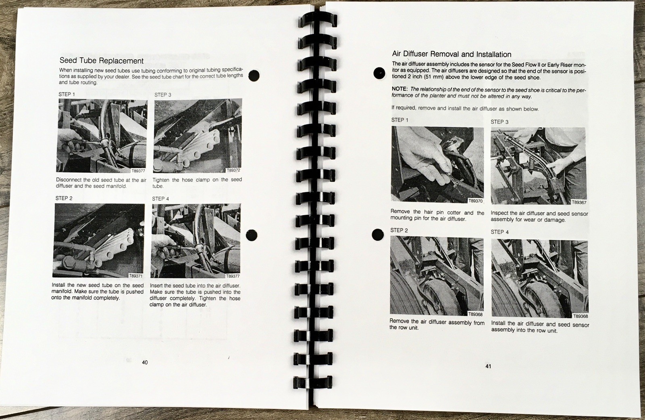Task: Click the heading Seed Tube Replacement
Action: pyautogui.click(x=101, y=61)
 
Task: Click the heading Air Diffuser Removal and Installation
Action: pyautogui.click(x=451, y=54)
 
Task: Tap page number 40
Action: pyautogui.click(x=145, y=362)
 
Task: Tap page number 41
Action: pyautogui.click(x=488, y=366)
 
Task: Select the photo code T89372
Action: pyautogui.click(x=233, y=170)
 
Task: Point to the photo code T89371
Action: pyautogui.click(x=135, y=276)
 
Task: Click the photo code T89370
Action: pyautogui.click(x=475, y=201)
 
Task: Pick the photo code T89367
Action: pyautogui.click(x=579, y=202)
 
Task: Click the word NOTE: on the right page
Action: pyautogui.click(x=399, y=89)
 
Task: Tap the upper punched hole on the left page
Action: pyautogui.click(x=254, y=75)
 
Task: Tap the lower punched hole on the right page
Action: pyautogui.click(x=378, y=235)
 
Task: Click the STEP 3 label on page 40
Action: pyautogui.click(x=163, y=95)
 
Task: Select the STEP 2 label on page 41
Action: pyautogui.click(x=399, y=230)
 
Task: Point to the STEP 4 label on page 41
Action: pyautogui.click(x=499, y=232)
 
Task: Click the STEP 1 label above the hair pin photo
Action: pyautogui.click(x=399, y=120)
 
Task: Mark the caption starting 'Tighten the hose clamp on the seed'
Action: pyautogui.click(x=197, y=183)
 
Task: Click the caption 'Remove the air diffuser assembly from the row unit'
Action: pyautogui.click(x=437, y=324)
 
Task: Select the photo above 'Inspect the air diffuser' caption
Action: pyautogui.click(x=539, y=166)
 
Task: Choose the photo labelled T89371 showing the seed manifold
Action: pyautogui.click(x=98, y=241)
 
